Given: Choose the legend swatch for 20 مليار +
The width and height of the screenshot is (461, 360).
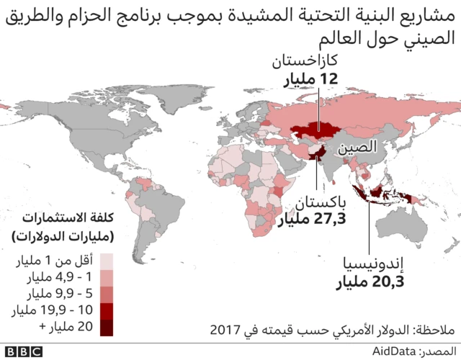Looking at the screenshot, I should click(x=106, y=328).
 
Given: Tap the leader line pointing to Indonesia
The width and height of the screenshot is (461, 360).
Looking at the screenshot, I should click(x=371, y=223).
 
